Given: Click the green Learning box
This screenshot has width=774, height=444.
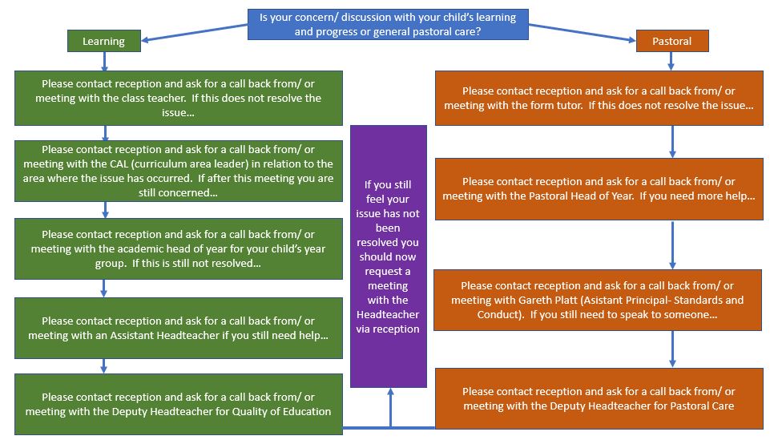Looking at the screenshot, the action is pos(104,41).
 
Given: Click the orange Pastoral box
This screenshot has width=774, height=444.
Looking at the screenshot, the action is pos(672,41).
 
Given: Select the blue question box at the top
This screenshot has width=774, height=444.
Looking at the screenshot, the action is pos(388,24).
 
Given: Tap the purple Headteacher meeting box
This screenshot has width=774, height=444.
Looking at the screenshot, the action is pos(389,256).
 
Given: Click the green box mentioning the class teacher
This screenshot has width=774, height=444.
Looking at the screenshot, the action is pos(179,98).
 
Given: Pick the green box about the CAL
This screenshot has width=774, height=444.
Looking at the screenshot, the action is pos(179,171).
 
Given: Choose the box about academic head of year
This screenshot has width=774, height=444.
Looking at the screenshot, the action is pos(179,249).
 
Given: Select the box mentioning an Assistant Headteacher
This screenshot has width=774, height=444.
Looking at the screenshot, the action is pos(179,328).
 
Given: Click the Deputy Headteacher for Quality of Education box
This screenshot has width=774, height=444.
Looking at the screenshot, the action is pos(179,404).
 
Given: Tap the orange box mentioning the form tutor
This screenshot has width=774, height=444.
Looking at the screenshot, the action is pos(599,98).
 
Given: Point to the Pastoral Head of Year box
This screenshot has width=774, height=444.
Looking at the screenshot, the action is pos(599,189).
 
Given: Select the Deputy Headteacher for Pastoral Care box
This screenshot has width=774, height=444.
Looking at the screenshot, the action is pos(599,398).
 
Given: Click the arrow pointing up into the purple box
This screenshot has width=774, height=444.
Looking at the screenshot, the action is pos(390,407).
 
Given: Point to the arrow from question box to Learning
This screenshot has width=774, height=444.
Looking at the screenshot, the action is pos(195,33).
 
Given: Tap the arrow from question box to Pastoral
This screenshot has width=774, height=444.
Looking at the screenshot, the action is pos(583,33).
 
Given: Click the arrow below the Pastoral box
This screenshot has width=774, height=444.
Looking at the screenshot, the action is pos(671,61).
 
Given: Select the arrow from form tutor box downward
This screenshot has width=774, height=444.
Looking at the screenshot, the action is pos(672,142).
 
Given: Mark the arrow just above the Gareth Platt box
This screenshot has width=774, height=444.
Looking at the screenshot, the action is pos(672,245).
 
